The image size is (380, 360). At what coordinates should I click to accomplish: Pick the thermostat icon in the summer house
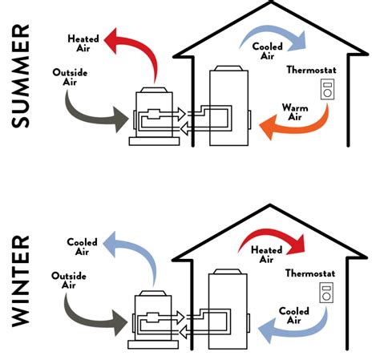tap(327, 90)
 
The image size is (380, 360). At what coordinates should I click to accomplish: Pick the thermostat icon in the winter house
tap(327, 293)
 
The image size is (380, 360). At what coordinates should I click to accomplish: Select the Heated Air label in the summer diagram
tap(83, 42)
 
